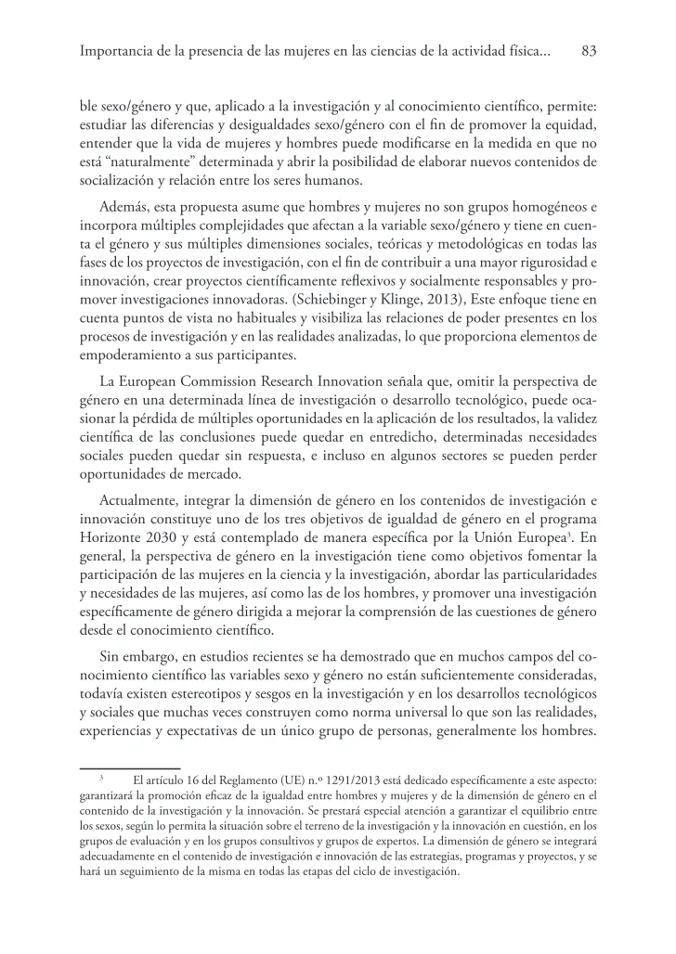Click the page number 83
point(587,53)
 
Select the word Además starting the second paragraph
point(123,204)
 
